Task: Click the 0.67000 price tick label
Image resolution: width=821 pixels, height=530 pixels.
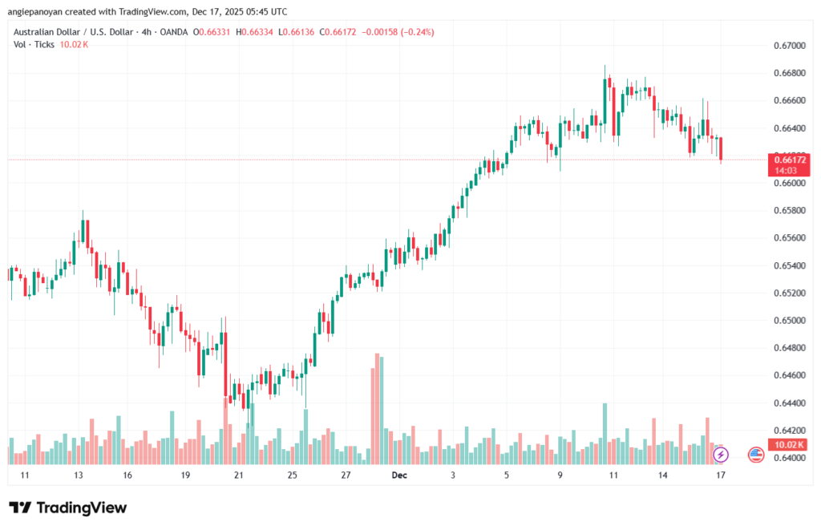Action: pos(790,46)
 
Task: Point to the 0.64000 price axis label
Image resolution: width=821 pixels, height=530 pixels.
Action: pos(790,458)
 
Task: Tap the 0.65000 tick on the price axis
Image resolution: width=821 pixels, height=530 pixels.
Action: pos(790,321)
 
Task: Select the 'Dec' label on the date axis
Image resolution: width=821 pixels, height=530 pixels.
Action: pos(399,475)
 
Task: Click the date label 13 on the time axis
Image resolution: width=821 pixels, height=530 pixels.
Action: pos(79,475)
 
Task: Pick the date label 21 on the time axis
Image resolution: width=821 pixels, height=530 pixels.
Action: pos(238,475)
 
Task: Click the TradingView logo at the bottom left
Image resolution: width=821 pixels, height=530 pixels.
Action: pos(67,508)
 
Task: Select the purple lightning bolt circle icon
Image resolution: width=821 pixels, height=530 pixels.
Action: pos(721,455)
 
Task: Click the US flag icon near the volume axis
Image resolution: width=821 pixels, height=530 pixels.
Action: pos(755,455)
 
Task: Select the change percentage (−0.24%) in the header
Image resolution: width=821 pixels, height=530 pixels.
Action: pos(418,32)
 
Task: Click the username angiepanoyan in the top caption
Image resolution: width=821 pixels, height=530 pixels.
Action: pos(42,12)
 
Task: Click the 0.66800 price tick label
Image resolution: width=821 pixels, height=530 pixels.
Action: pos(790,73)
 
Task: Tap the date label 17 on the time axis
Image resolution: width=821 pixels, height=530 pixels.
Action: pos(721,475)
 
